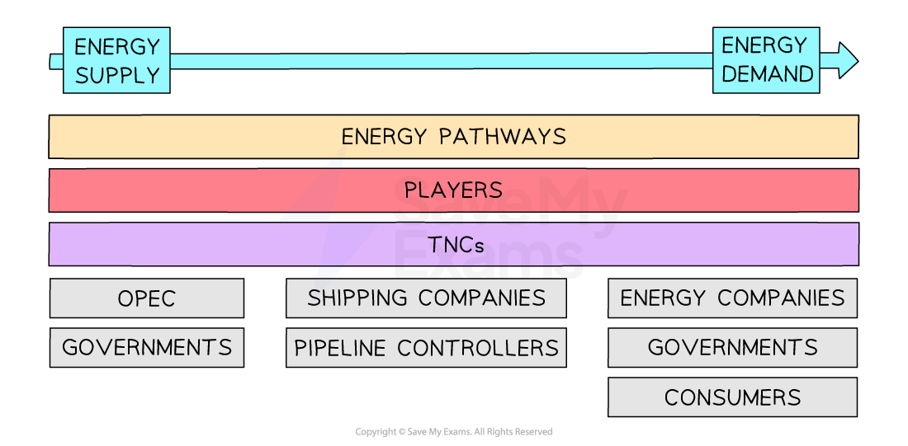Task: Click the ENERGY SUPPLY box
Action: point(116,61)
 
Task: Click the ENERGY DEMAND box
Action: point(766,61)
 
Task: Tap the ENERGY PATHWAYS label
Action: point(453,136)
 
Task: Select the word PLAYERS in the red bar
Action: point(453,190)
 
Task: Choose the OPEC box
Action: point(147,298)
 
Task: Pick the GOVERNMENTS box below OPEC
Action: point(147,348)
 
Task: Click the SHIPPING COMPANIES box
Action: point(426,298)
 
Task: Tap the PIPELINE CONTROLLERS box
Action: point(426,348)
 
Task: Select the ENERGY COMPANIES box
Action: point(732,298)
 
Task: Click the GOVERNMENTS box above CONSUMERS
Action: point(732,348)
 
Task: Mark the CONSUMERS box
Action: point(732,397)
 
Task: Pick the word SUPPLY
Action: point(116,76)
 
